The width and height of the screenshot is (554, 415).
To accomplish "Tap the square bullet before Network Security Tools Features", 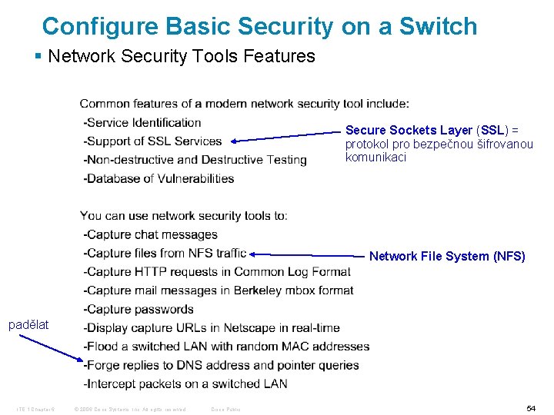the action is pyautogui.click(x=38, y=56).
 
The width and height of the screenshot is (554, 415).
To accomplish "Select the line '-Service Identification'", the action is pyautogui.click(x=142, y=122).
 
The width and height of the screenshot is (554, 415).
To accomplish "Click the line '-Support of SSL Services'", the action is pyautogui.click(x=152, y=141).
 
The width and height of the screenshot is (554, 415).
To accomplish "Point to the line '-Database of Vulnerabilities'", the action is pyautogui.click(x=159, y=178).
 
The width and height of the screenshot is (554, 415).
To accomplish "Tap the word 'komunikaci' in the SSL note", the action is pyautogui.click(x=375, y=158).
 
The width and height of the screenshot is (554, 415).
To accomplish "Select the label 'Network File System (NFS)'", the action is pyautogui.click(x=447, y=257).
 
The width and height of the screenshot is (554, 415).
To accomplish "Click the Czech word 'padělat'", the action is pyautogui.click(x=28, y=324).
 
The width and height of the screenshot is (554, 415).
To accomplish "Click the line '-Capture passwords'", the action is pyautogui.click(x=138, y=309).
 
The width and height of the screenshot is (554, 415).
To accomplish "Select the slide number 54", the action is pyautogui.click(x=531, y=409).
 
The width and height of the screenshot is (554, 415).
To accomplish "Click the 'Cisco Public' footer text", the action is pyautogui.click(x=225, y=409).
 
